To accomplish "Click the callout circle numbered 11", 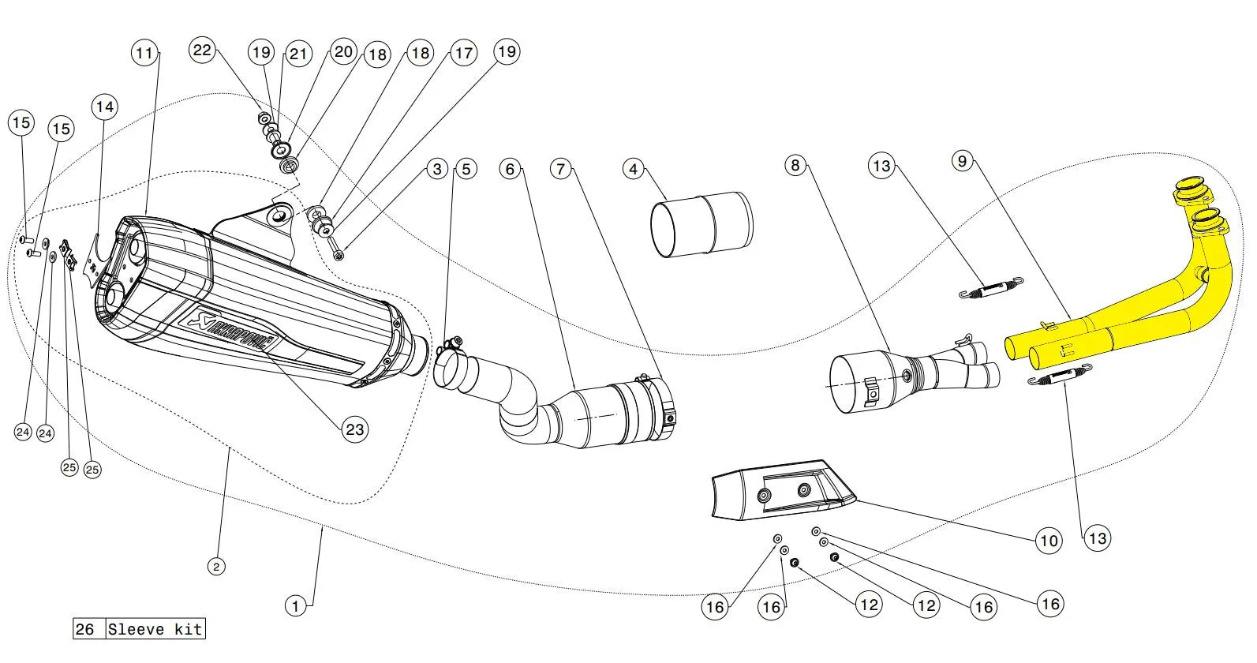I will tap(144, 53).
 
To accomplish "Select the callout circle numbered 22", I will tap(203, 51).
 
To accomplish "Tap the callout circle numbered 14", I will tap(104, 107).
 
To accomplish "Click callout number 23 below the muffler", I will tap(355, 429).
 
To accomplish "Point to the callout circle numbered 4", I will tap(634, 169).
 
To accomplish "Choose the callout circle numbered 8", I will tap(795, 165).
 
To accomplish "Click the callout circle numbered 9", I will tap(962, 161).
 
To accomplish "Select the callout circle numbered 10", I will tap(1049, 541).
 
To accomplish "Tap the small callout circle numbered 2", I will tap(216, 566).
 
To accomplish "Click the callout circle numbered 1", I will tap(295, 606).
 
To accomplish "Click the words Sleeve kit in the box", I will tap(155, 629).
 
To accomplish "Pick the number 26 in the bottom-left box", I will tap(84, 629).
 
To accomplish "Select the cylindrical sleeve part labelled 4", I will tap(701, 224).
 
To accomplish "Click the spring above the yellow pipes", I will tap(990, 289).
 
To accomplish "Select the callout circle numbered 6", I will tap(511, 169).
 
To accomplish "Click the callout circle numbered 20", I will tap(343, 52).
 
